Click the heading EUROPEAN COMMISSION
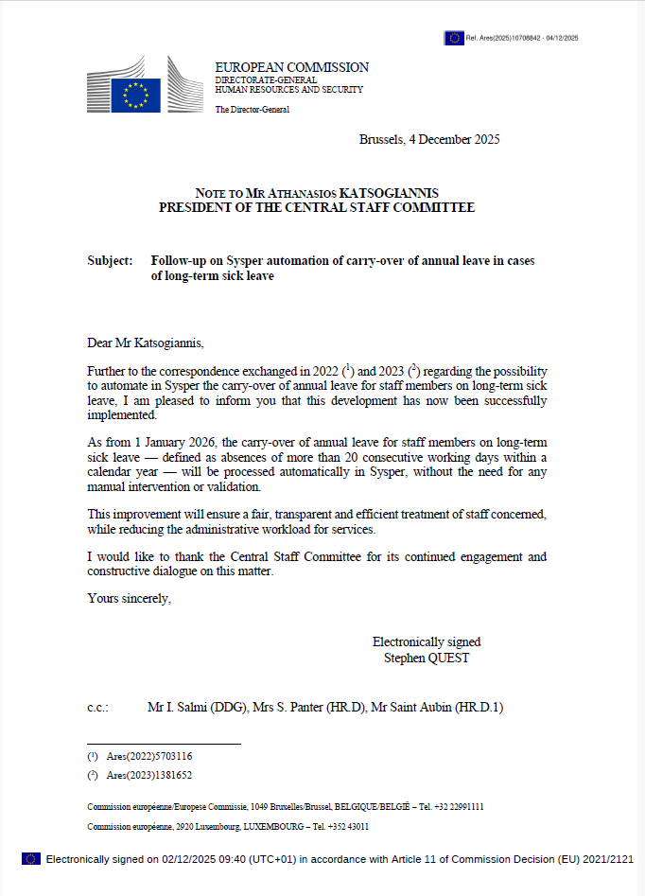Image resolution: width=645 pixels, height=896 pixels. click(291, 67)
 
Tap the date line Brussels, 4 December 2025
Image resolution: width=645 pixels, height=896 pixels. click(429, 139)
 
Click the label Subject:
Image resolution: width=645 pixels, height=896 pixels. click(110, 260)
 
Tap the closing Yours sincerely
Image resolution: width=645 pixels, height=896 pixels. click(129, 598)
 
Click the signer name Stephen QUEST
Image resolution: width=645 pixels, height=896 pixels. click(426, 658)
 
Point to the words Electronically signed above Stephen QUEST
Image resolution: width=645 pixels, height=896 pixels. click(426, 642)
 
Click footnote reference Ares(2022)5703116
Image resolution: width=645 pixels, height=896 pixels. click(148, 756)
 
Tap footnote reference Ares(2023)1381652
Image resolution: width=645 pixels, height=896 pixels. click(148, 775)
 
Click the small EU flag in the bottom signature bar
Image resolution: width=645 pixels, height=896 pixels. click(31, 858)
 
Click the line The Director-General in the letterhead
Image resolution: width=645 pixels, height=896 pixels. click(252, 110)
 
